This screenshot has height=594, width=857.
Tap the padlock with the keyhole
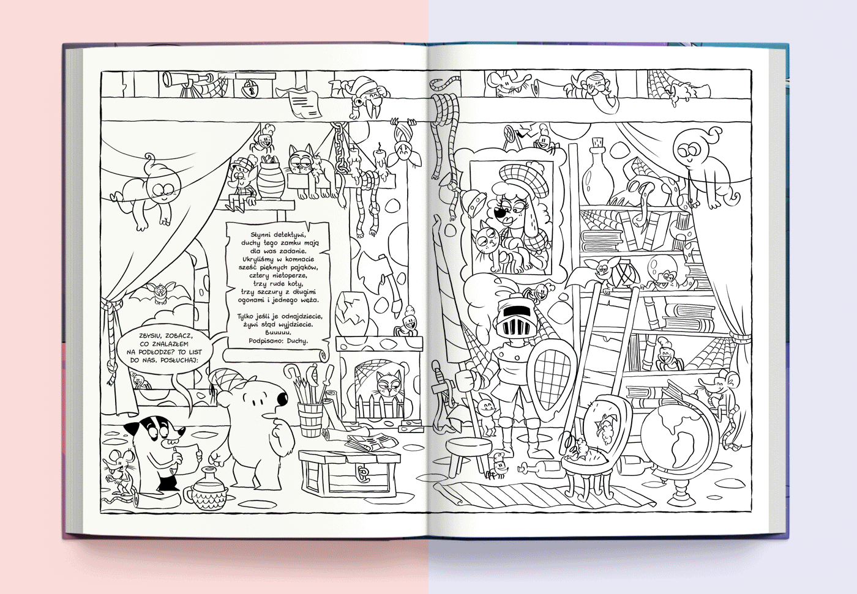[x=249, y=88]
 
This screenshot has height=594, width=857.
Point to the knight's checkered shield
[x=551, y=379]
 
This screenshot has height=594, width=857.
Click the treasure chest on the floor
[x=348, y=472]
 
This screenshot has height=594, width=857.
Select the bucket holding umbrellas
[x=310, y=418]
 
